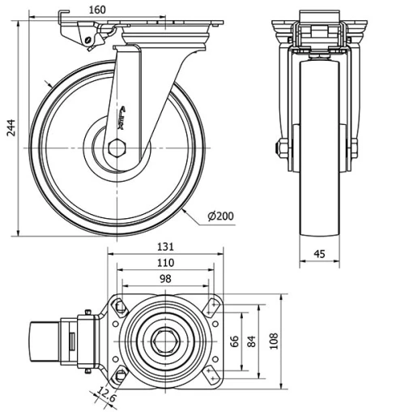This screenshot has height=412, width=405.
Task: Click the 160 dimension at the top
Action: (120, 11)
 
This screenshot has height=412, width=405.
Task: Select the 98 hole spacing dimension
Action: (166, 279)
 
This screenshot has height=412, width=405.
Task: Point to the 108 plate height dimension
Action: (273, 338)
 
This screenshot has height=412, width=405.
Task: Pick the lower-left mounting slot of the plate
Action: (120, 376)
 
